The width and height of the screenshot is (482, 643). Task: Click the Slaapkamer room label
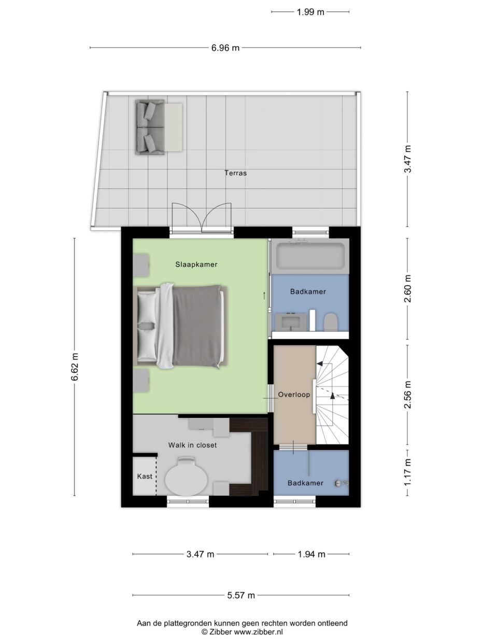pos(196,264)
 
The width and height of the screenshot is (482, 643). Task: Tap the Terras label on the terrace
pos(236,173)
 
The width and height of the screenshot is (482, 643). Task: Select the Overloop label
pos(294,395)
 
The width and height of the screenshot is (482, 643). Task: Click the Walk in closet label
pos(193,445)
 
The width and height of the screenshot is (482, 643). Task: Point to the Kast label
pos(145,477)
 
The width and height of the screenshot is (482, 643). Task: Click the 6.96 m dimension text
pos(225,48)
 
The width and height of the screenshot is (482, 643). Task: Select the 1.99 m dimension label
pos(310,12)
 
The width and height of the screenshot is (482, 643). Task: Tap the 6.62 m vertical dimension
pos(75,367)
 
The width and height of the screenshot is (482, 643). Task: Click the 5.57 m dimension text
pos(241,595)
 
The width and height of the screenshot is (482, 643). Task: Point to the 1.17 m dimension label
pos(408,472)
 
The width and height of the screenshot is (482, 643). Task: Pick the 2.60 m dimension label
pos(408,288)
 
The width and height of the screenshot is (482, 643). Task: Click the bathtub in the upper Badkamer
pos(310,256)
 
